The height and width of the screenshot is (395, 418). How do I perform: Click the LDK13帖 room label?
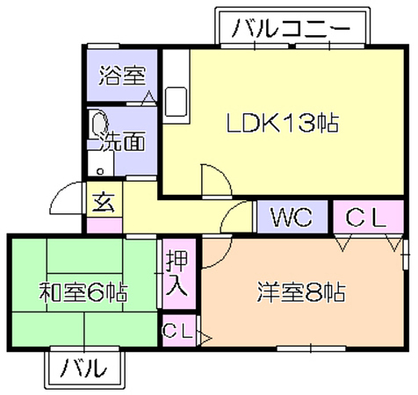pos(283,123)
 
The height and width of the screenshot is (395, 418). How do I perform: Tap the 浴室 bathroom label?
pos(122,75)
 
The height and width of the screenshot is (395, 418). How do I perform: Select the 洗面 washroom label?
pos(122,141)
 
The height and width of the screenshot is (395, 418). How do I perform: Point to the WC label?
pos(292,217)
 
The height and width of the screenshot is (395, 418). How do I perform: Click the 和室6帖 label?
pos(83,291)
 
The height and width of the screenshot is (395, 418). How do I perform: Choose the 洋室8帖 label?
pos(301,291)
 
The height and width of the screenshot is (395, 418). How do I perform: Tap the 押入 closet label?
pos(177,273)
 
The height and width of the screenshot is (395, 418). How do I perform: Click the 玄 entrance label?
pos(104,202)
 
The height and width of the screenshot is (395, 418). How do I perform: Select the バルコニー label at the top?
pos(291,28)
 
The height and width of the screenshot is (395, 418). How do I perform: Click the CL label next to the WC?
pos(366,218)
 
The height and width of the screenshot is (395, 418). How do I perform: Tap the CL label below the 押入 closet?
pos(178,331)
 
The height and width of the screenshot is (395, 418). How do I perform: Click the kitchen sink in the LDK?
pos(177,102)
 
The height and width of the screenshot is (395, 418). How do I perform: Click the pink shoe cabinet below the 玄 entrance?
pos(104,226)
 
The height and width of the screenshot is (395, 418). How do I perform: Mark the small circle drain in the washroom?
pos(100,171)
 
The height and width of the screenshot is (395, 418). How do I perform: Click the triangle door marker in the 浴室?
pos(149,97)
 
